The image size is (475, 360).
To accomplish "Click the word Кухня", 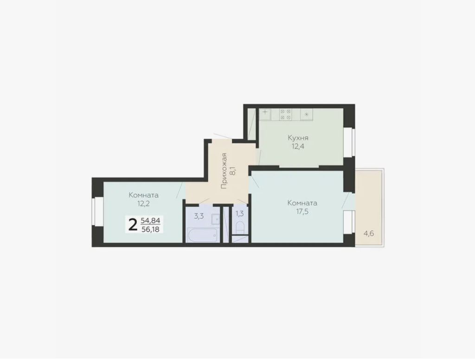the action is point(298,138).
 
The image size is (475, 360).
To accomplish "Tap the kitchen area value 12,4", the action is point(298,146).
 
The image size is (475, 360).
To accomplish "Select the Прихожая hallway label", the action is point(224,171).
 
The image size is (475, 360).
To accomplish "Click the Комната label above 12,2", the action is point(144,195).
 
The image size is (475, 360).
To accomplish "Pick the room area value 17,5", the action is point(302,211).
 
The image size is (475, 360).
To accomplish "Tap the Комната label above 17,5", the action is point(302,203).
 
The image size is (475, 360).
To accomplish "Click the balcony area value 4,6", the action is point(368,234).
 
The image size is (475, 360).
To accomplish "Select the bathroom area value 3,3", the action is point(199,216).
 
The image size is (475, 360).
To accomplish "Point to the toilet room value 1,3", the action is point(240,214).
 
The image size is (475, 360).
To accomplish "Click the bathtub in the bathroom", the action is point(202,235).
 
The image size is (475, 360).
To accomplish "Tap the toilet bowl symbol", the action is point(240,228).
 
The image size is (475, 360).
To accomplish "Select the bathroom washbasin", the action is point(216,219).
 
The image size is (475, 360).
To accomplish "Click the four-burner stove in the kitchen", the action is point(285,115).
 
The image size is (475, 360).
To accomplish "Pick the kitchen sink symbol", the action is point(265,115).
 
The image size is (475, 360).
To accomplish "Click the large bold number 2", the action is point(133,225).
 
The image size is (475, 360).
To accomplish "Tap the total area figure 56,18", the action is point(150,229).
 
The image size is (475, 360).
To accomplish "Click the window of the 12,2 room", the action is point(97,212).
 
